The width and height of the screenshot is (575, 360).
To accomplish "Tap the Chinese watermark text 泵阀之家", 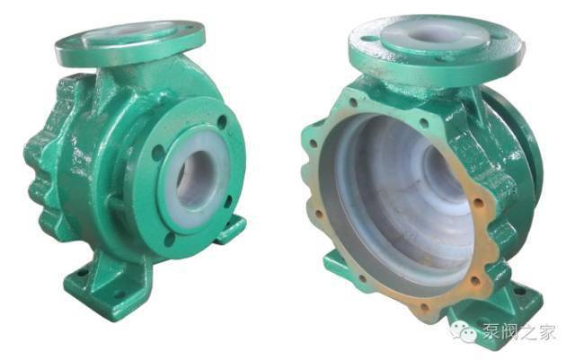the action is (519, 332).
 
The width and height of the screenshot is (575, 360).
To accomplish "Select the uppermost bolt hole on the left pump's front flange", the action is (222, 122).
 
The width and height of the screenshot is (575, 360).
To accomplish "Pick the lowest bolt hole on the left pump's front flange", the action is (169, 240).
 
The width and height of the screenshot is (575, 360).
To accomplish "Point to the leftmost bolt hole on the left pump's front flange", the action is (158, 153).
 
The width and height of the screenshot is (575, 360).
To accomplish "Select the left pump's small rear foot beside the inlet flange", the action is (230, 229).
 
